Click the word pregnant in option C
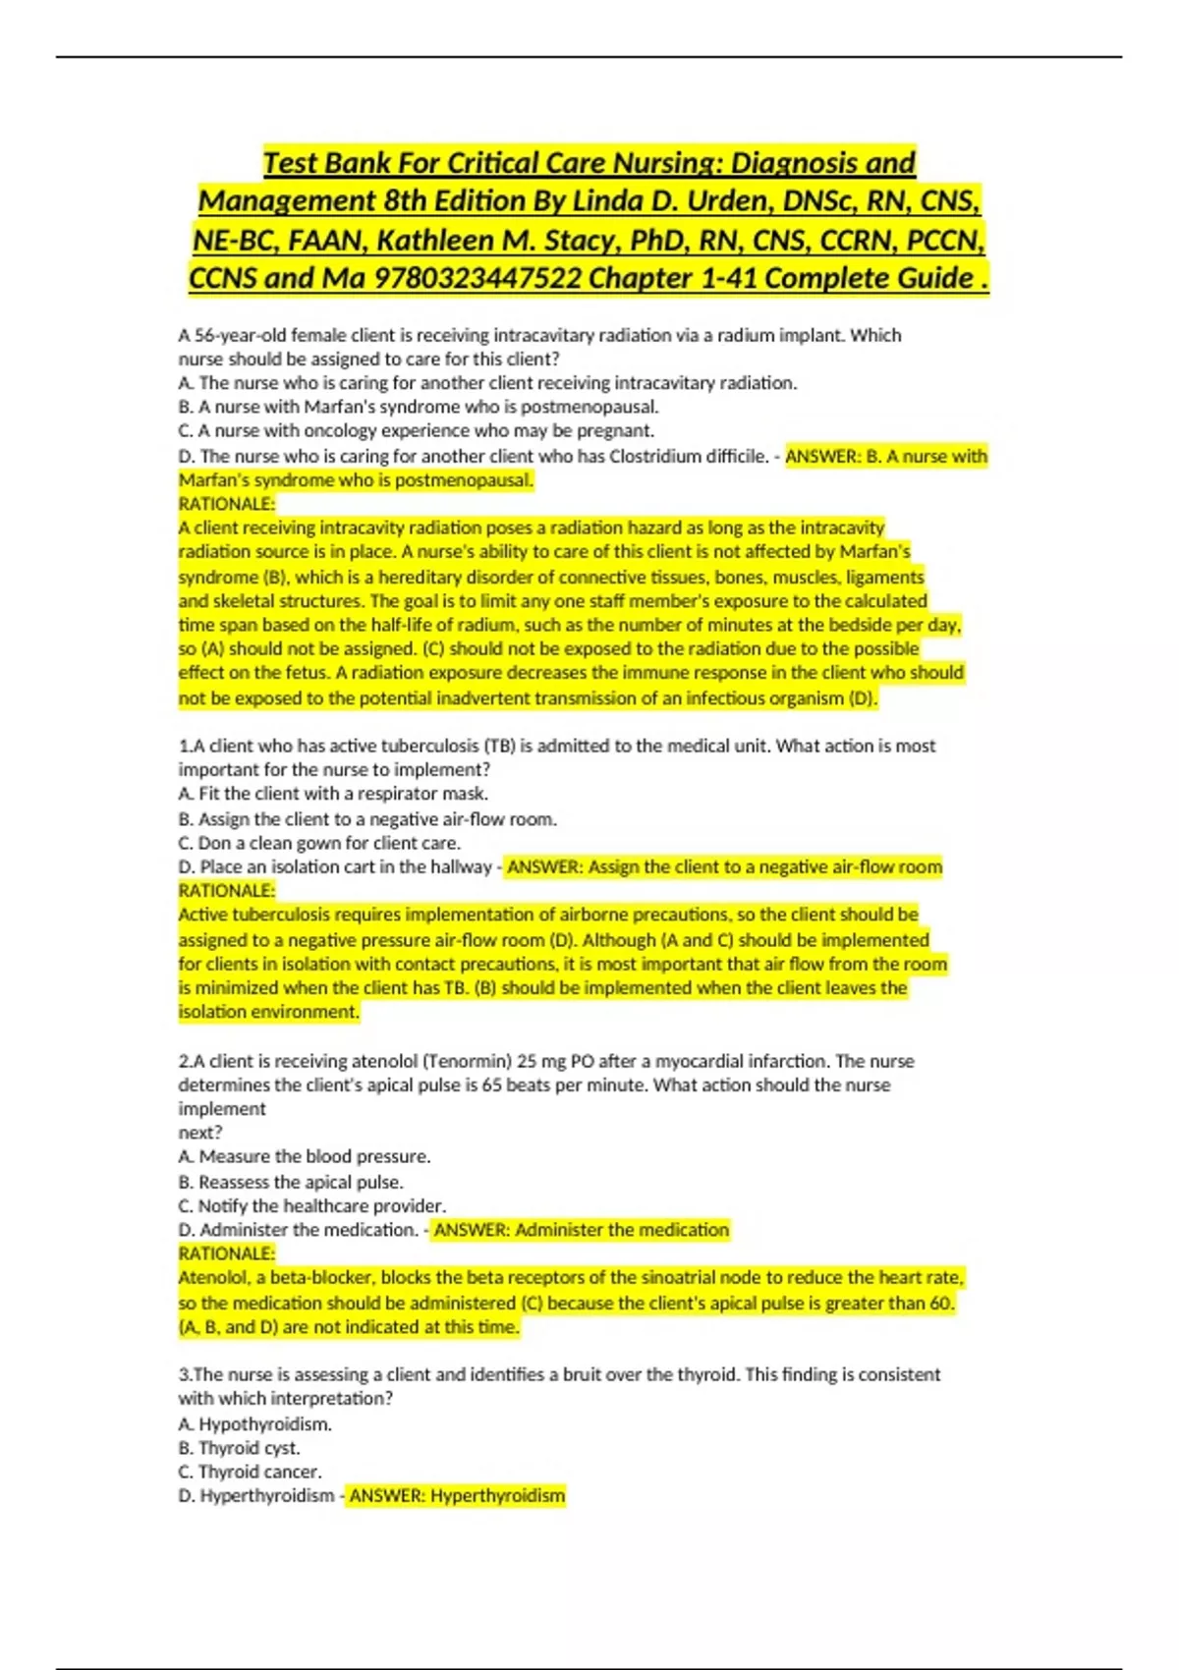621,430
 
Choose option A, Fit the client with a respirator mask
333,794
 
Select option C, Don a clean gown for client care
319,843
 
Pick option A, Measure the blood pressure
305,1156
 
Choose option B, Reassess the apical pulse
291,1182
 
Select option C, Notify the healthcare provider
312,1205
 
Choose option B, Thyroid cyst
240,1448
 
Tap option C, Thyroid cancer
250,1472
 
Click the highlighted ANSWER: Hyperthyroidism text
457,1496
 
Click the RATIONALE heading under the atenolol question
227,1253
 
